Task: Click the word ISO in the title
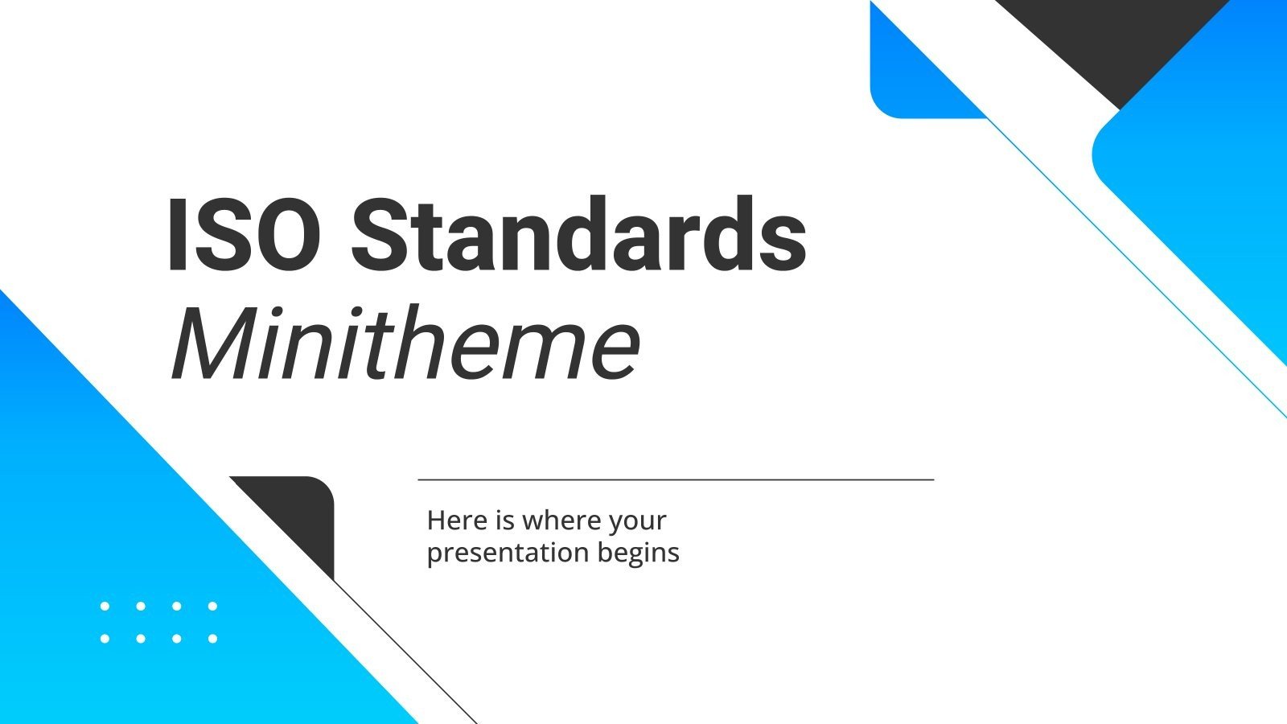tap(244, 235)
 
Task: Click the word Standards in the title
tap(578, 235)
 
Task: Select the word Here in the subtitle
tap(457, 520)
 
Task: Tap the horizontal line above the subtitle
tap(676, 479)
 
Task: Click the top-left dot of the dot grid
tap(105, 606)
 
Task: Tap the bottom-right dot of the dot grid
tap(212, 639)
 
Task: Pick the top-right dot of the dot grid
tap(212, 606)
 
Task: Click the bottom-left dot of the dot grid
tap(105, 639)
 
